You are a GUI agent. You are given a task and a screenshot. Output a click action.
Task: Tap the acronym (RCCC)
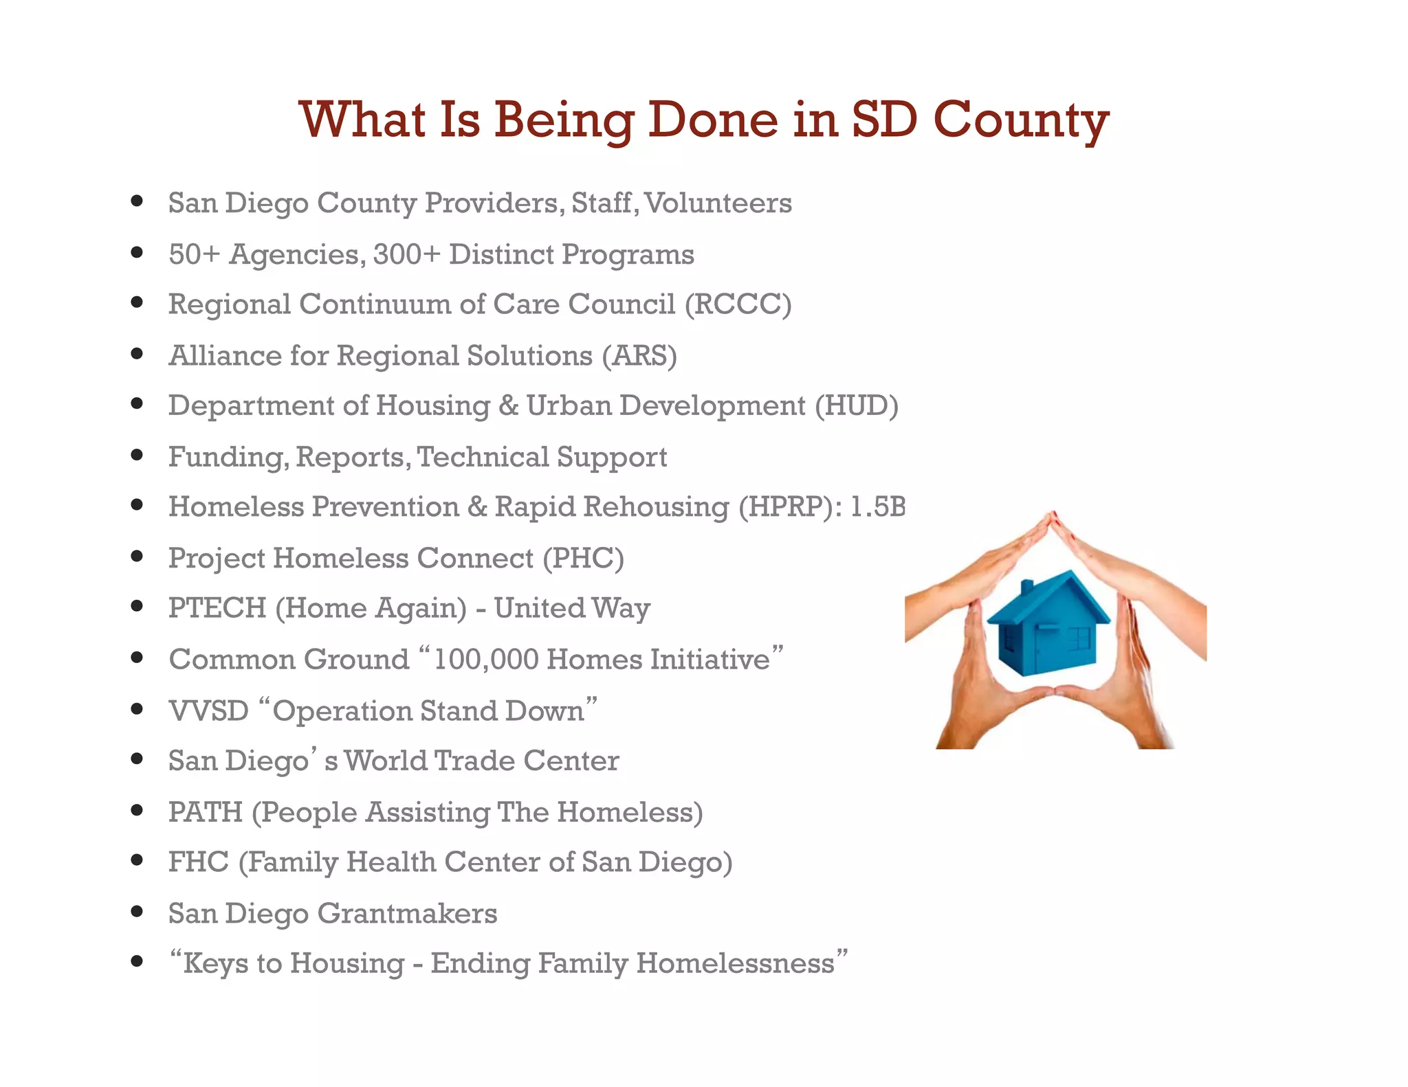(x=738, y=304)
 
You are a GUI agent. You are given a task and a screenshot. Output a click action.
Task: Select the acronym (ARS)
(x=639, y=356)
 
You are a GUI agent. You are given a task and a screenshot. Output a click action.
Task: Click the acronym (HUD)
(x=856, y=405)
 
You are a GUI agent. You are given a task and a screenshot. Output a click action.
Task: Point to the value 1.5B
(x=877, y=507)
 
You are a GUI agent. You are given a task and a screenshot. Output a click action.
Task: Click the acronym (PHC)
(x=583, y=558)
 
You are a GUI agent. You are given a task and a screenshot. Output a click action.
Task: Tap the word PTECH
(x=217, y=608)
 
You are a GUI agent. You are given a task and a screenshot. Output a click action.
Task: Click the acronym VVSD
(x=208, y=710)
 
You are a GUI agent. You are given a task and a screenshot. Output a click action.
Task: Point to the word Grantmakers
(x=407, y=913)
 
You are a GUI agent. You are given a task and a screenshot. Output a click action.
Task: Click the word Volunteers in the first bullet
(x=718, y=203)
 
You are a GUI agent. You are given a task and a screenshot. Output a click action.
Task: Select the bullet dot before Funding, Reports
(x=137, y=455)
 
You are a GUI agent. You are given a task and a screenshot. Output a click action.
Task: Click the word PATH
(x=205, y=812)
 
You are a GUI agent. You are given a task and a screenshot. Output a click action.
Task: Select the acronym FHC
(x=198, y=862)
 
